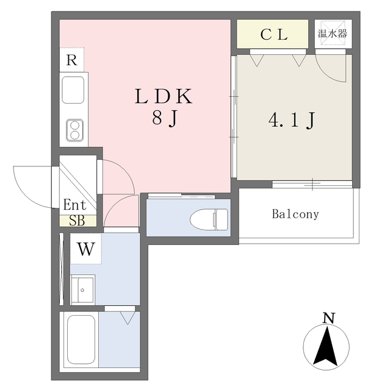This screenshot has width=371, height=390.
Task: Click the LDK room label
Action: (164, 97)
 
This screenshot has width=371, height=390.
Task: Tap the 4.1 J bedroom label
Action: (291, 119)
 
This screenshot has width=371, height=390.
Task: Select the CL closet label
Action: (273, 35)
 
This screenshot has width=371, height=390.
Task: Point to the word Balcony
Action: (295, 214)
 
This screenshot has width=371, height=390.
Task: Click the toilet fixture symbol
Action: (209, 218)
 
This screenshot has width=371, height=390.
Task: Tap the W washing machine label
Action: (85, 249)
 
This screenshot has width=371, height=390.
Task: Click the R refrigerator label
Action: (72, 60)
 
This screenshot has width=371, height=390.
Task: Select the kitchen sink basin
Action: (74, 90)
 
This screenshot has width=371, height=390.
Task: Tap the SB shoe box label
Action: (77, 221)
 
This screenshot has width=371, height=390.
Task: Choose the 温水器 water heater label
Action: (333, 33)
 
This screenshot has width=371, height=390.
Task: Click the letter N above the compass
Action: (328, 317)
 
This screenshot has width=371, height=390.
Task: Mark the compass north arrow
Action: (328, 346)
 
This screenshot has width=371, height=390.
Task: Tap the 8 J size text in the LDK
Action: (164, 119)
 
